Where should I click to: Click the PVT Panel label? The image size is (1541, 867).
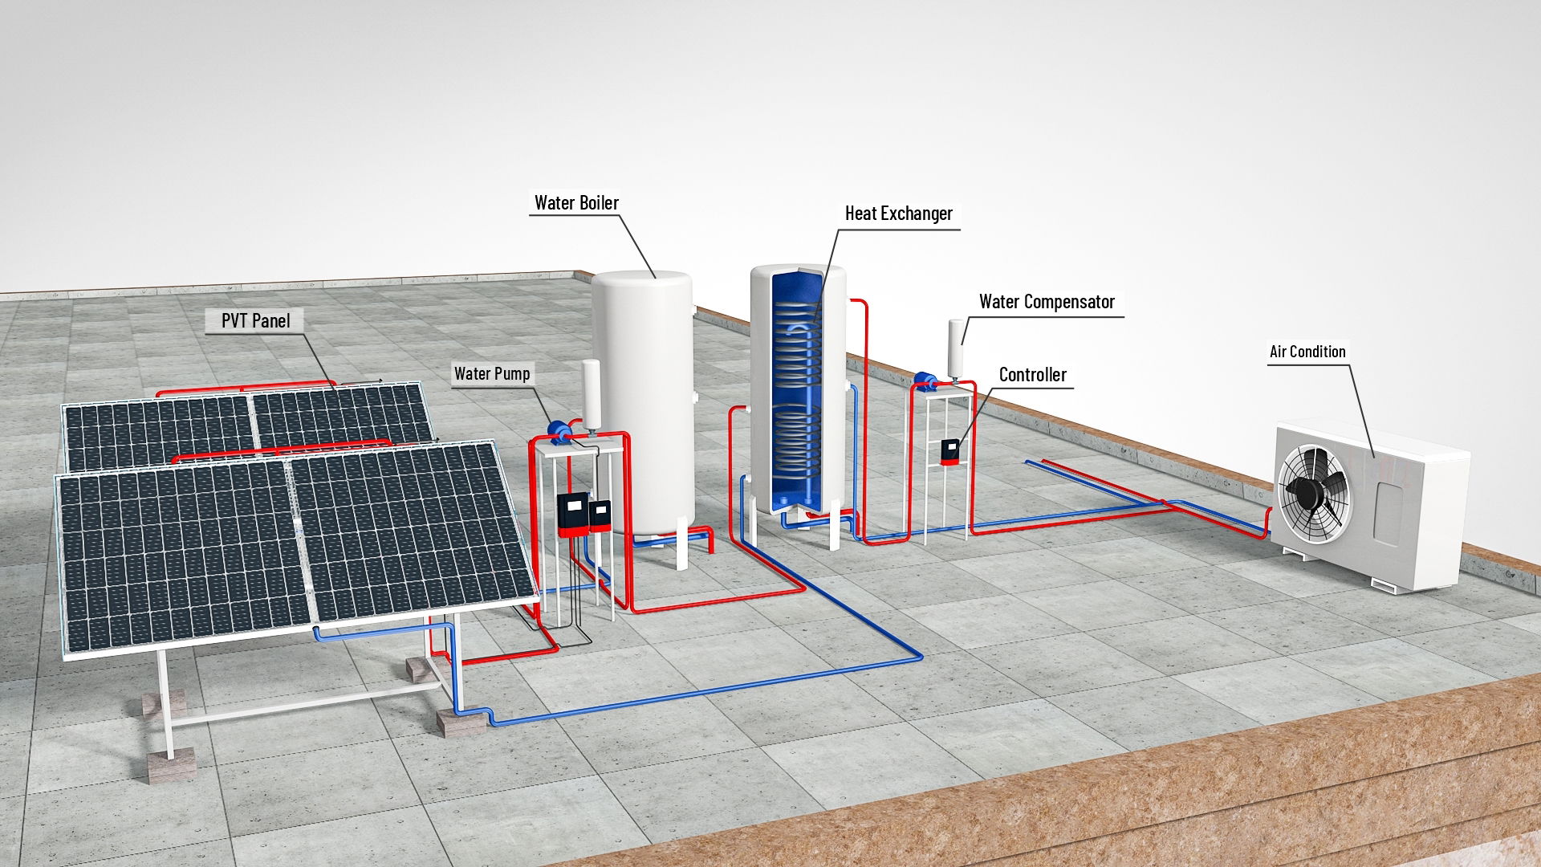tap(256, 320)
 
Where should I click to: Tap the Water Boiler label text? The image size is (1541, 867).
tap(576, 202)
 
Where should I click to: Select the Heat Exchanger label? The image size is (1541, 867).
tap(898, 214)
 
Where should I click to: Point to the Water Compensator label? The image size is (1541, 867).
tap(1047, 302)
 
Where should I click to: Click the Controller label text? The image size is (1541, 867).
tap(1032, 375)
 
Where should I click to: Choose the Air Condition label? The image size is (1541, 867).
tap(1307, 352)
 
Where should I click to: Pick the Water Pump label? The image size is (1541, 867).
tap(492, 373)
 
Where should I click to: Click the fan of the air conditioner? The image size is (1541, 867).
tap(1315, 491)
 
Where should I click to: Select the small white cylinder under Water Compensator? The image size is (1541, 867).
tap(956, 348)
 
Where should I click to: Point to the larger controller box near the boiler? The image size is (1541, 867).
tap(573, 515)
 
